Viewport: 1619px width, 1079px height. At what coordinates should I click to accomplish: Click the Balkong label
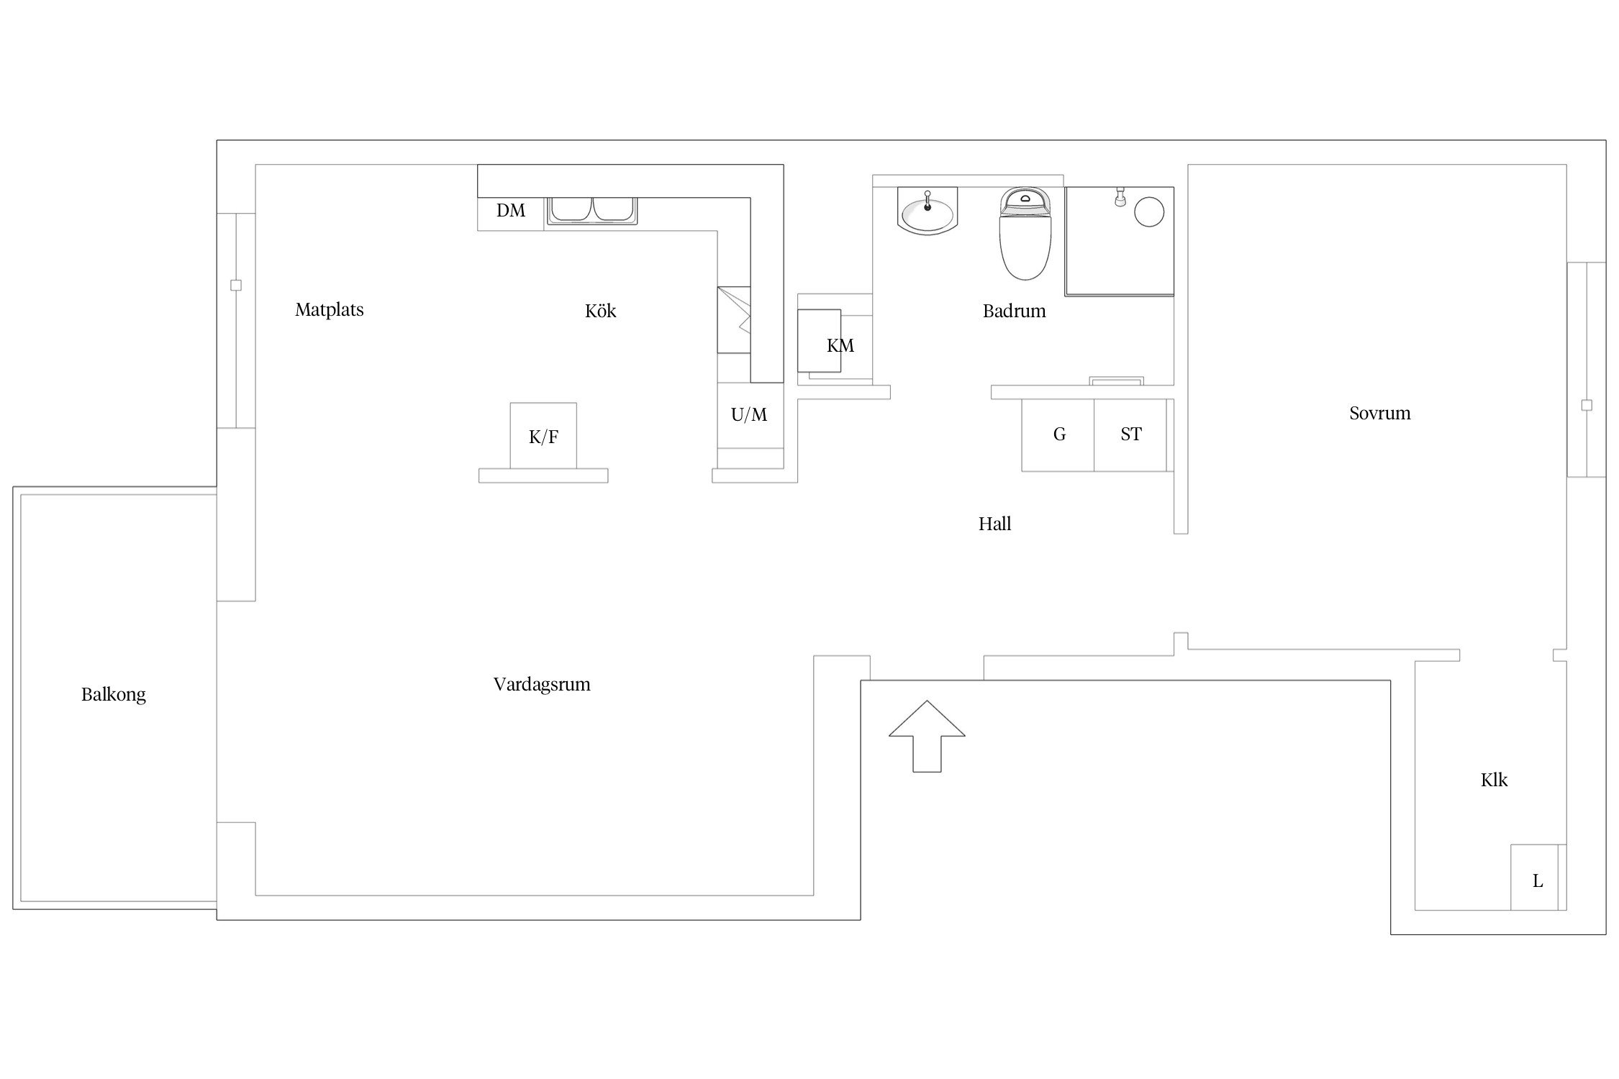click(x=114, y=695)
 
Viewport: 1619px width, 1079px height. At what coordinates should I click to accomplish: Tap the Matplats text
click(x=330, y=310)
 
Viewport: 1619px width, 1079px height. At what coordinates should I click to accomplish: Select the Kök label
click(x=601, y=311)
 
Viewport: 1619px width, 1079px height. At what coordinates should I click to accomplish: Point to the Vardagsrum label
click(x=542, y=685)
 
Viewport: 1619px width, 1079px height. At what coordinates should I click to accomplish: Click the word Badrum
click(x=1015, y=311)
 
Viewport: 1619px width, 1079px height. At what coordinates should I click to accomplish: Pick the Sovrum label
click(x=1380, y=413)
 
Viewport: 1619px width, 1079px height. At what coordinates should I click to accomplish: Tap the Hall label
click(x=995, y=524)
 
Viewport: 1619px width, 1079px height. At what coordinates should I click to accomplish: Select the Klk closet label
click(x=1494, y=780)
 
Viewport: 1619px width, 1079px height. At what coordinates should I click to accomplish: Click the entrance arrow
click(x=927, y=737)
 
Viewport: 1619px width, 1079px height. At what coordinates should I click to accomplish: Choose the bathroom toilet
click(x=1025, y=233)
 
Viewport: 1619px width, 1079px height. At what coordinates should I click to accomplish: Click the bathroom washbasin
click(x=928, y=211)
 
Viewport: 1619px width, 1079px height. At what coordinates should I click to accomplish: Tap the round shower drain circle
click(x=1149, y=212)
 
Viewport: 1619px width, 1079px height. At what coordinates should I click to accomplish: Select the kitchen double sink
click(x=592, y=211)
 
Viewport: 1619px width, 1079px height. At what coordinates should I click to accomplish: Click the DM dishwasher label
click(x=511, y=211)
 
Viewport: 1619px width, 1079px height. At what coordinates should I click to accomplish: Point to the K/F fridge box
click(x=543, y=435)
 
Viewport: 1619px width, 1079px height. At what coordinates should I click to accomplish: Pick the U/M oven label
click(x=749, y=415)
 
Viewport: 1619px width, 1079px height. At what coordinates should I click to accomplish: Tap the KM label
click(x=840, y=346)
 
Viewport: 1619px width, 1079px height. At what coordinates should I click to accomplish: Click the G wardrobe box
click(x=1058, y=435)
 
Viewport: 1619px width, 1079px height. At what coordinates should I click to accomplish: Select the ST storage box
click(x=1130, y=435)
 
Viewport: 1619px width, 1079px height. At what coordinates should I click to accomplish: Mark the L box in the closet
click(x=1534, y=878)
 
